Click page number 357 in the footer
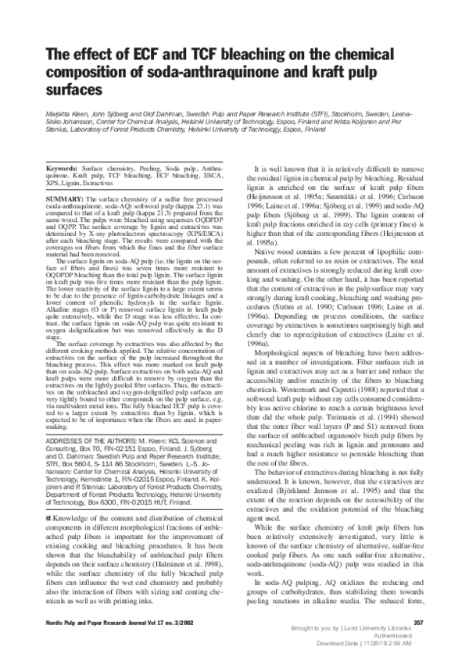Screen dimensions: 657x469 coord(417,622)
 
